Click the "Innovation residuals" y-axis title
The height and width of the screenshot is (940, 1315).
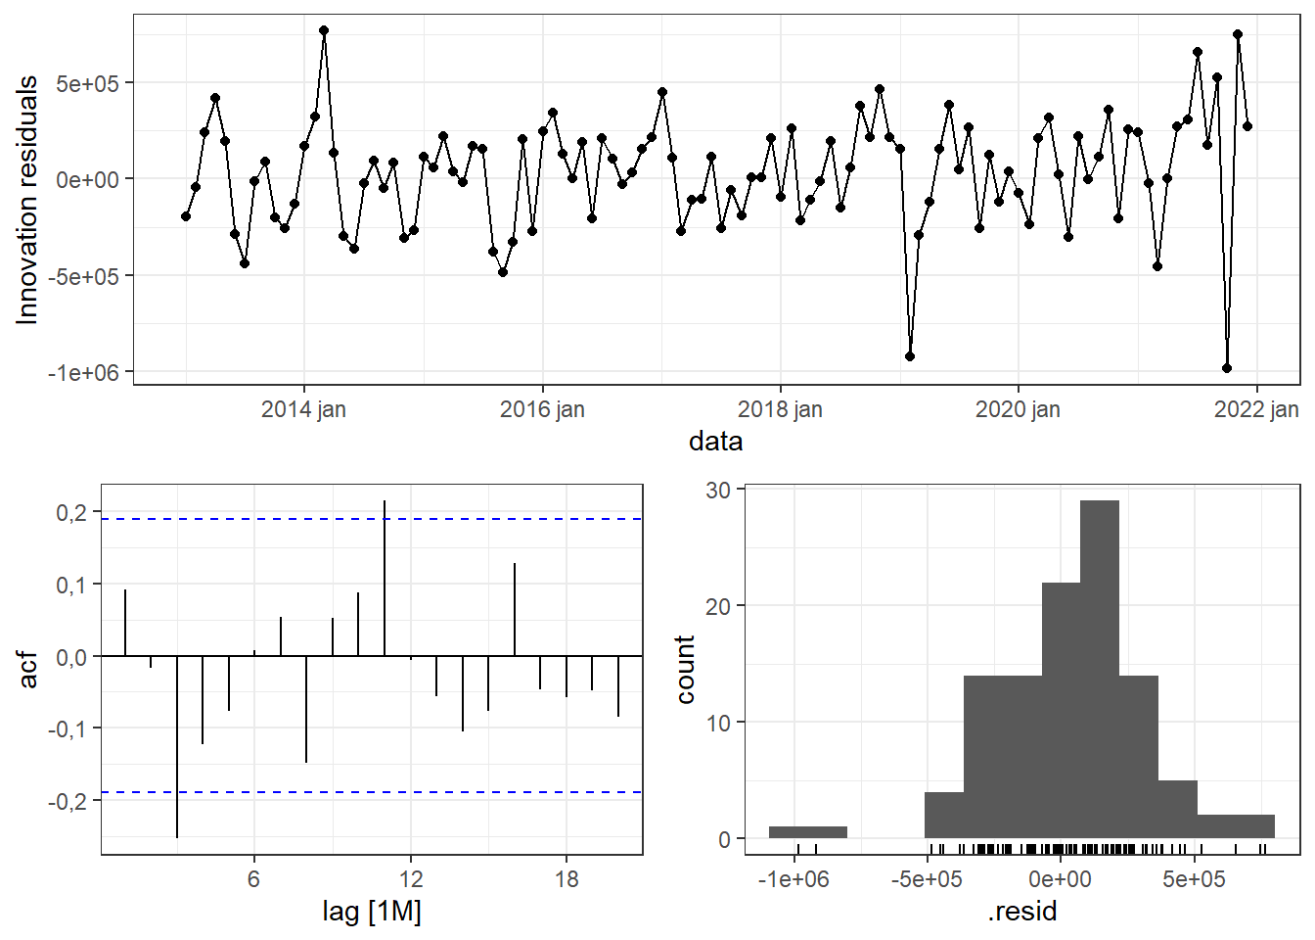[x=27, y=200]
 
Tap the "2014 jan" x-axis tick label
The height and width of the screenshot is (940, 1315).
[x=303, y=409]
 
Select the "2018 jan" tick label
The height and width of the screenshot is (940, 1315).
[x=780, y=409]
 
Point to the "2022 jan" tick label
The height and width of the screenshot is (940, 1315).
[x=1256, y=409]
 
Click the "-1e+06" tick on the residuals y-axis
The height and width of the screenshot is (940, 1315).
[x=84, y=373]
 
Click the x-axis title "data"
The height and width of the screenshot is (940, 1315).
[x=715, y=442]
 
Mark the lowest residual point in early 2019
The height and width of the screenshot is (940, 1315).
[x=910, y=356]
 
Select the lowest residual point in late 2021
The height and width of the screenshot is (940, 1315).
[x=1227, y=368]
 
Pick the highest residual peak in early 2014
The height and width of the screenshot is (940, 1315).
[x=324, y=30]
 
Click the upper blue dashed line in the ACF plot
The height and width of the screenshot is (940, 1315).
[x=489, y=519]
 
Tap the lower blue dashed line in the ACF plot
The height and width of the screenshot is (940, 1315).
[x=489, y=792]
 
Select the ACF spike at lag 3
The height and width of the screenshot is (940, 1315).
[x=177, y=744]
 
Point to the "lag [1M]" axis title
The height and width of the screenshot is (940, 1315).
[x=372, y=912]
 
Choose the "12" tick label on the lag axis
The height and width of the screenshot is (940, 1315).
[x=410, y=879]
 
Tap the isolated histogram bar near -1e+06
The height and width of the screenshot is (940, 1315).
[x=807, y=832]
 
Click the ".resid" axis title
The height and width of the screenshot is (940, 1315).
[x=1022, y=912]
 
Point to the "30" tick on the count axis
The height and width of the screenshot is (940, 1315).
[x=718, y=490]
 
